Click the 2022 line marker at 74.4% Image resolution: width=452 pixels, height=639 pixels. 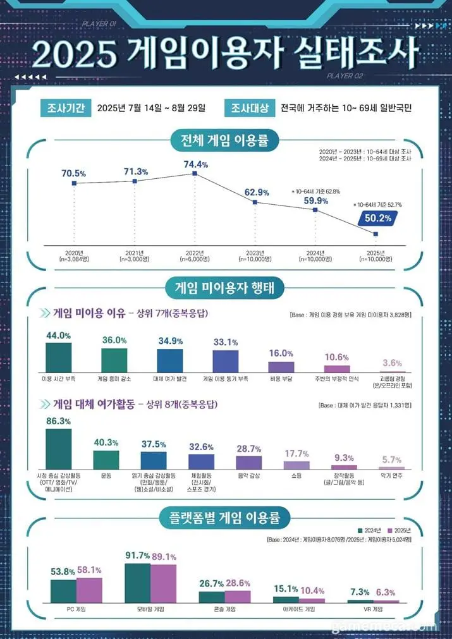[x=195, y=173]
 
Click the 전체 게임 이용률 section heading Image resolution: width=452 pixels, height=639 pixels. [x=226, y=140]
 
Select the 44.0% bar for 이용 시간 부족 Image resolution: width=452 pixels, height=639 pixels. [x=59, y=358]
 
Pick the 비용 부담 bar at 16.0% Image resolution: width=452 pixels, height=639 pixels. [x=281, y=367]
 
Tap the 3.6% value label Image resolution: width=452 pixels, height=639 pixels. [x=392, y=363]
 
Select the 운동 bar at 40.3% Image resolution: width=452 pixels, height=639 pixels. [x=106, y=459]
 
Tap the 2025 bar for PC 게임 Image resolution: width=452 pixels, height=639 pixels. [x=89, y=590]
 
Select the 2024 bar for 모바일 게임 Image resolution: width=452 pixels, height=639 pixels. [x=137, y=583]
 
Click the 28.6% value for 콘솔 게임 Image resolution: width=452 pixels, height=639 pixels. [x=238, y=583]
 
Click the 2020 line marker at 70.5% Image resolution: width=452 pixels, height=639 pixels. [x=75, y=183]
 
